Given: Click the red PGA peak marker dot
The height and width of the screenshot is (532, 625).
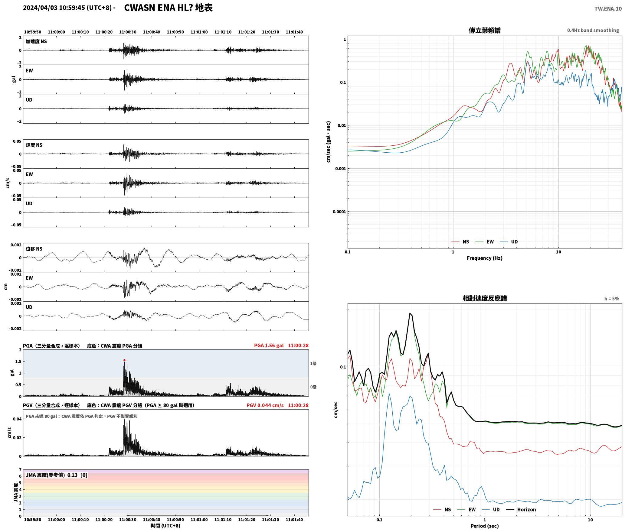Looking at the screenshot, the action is pos(124,360).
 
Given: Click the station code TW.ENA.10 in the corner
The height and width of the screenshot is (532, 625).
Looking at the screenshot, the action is pos(608,9).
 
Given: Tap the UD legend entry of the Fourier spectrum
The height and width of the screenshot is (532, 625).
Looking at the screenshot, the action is pos(509,242).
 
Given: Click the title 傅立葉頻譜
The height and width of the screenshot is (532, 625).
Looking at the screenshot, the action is pos(484,30).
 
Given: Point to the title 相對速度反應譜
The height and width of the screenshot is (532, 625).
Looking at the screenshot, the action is pos(485,298).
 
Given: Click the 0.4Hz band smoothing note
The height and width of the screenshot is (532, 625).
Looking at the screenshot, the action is pos(593,30).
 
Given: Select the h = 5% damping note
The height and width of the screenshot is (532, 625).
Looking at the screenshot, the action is pos(612,299).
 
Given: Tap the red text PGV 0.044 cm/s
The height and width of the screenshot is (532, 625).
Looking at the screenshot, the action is pos(265,405).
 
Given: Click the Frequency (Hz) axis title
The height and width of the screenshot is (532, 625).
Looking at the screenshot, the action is pos(484,258).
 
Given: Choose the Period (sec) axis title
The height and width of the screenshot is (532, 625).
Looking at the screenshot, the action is pos(484,526).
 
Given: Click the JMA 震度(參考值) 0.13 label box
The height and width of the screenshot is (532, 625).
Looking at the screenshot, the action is pos(57,475).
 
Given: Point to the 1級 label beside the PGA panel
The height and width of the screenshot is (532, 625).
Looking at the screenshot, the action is pos(313,363).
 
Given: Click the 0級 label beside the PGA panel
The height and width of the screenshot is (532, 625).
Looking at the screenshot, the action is pos(313,387).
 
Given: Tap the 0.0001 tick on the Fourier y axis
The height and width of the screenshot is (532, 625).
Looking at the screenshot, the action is pos(339,212).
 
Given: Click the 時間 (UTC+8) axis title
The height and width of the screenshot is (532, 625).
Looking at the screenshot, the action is pos(165,526).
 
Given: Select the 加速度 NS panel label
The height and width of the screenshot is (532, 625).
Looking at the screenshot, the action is pos(36,41).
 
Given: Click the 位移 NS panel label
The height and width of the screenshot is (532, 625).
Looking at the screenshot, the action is pos(34,249).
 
